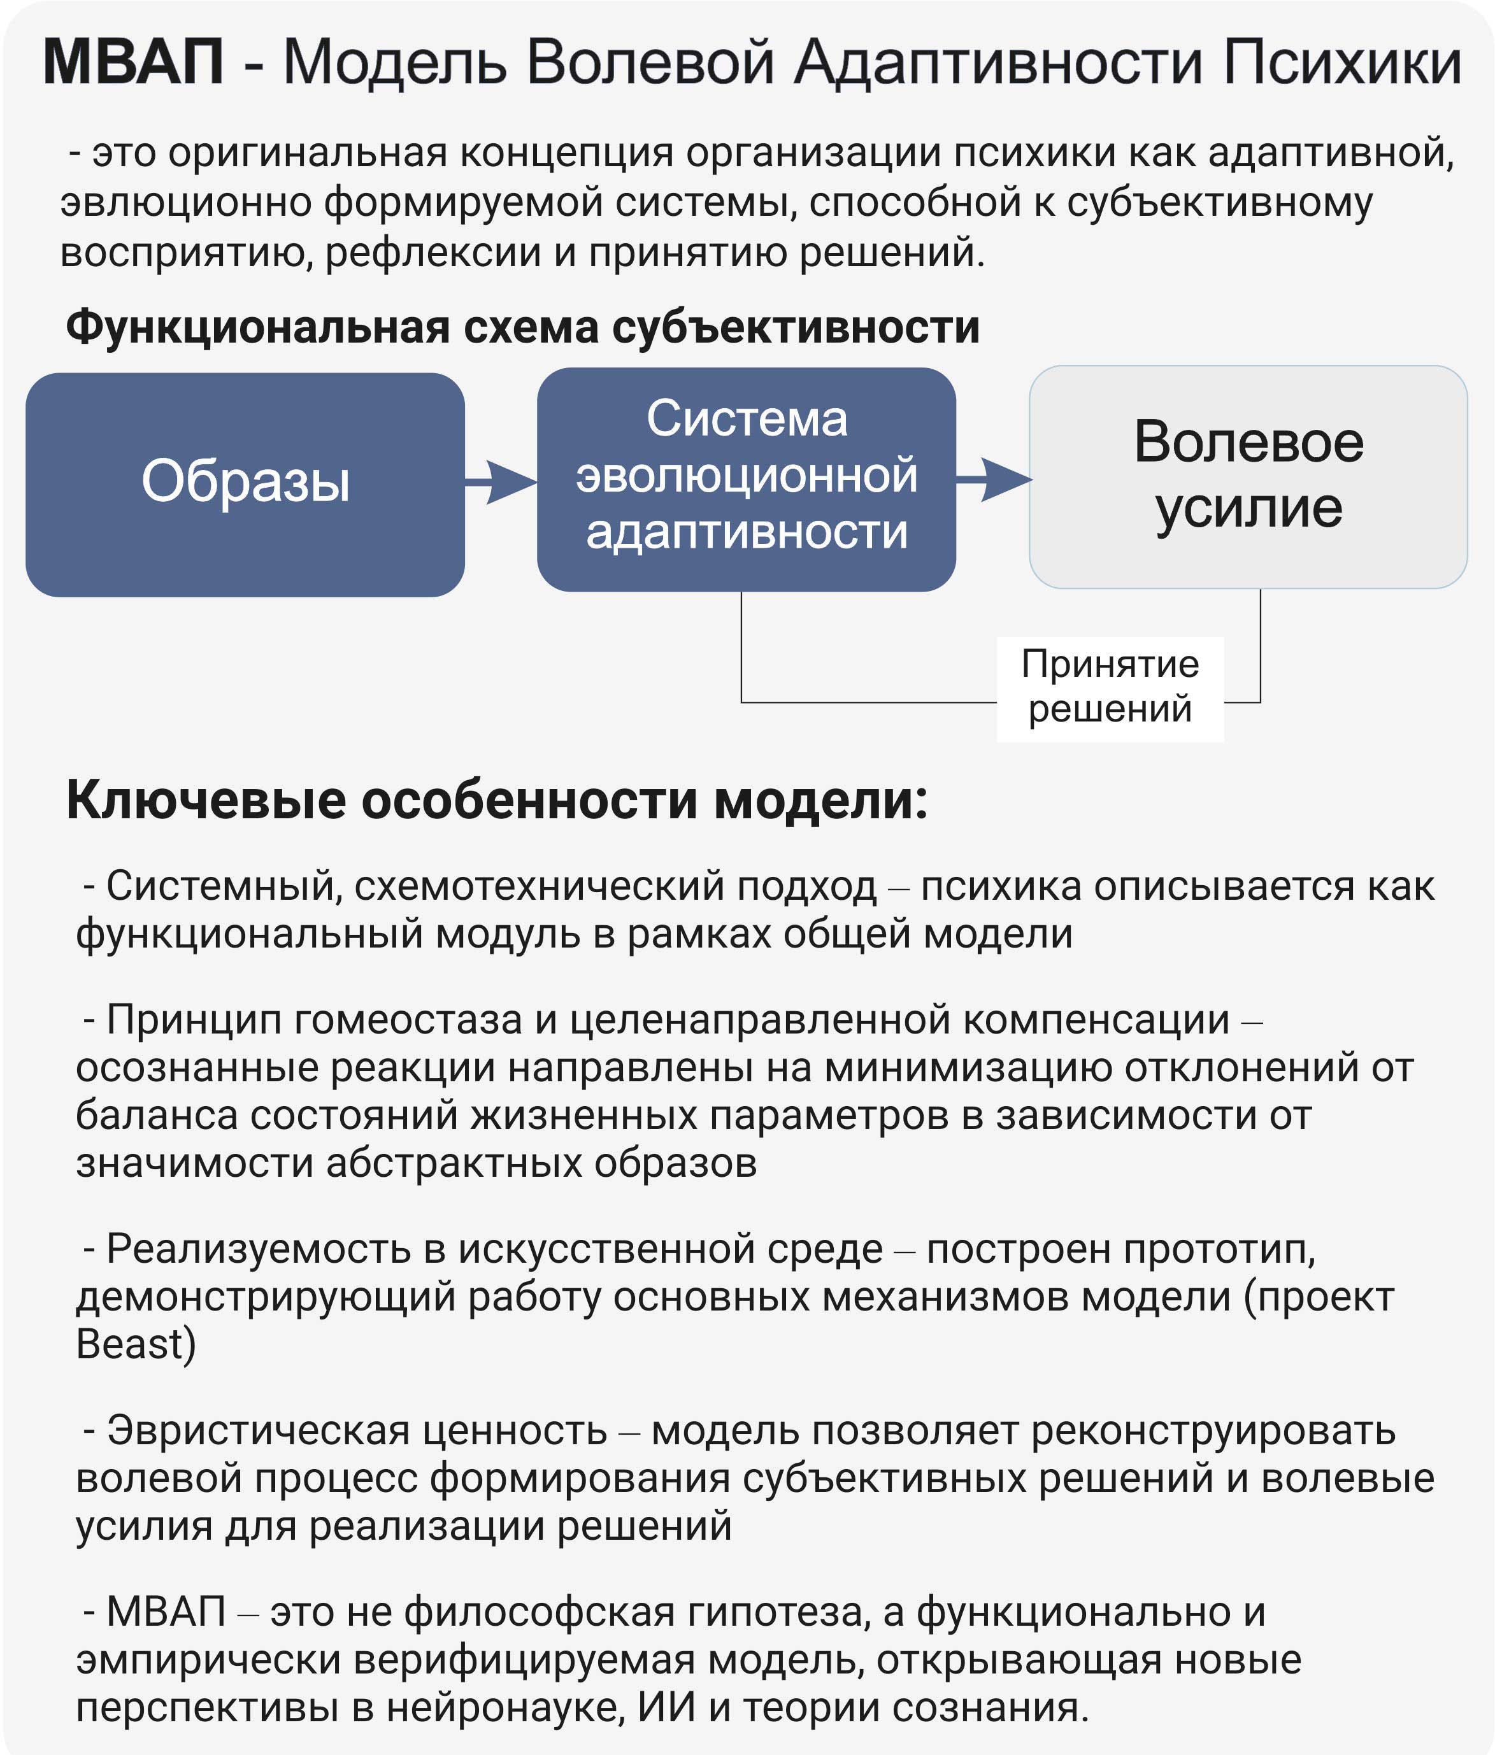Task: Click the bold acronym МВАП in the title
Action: click(133, 62)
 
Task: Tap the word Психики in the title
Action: click(1343, 62)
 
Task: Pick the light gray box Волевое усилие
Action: click(1248, 476)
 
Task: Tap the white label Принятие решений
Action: click(1110, 688)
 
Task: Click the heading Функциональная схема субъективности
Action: click(522, 327)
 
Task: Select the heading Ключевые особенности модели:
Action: click(497, 800)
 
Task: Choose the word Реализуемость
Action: click(259, 1249)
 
